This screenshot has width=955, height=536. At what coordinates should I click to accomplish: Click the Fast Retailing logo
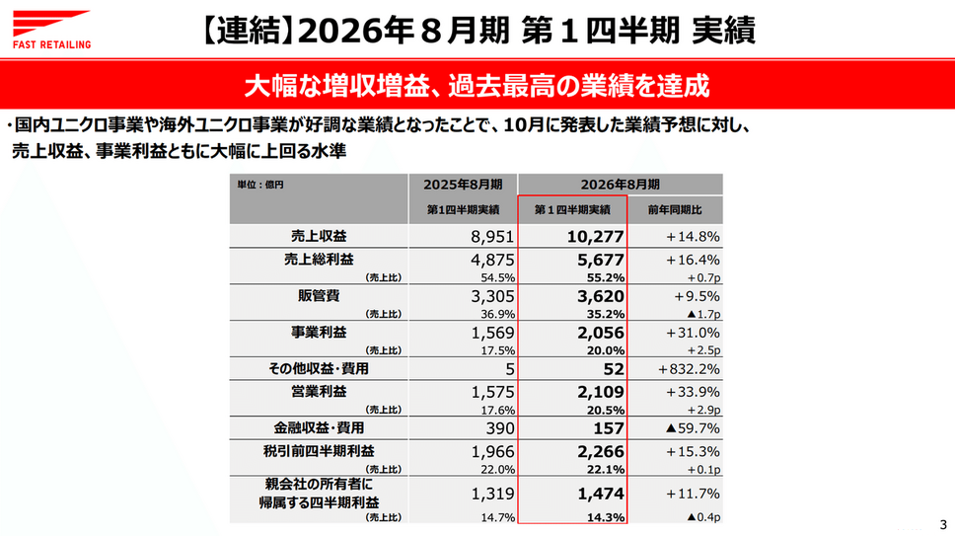52,29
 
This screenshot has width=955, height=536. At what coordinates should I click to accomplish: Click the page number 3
941,524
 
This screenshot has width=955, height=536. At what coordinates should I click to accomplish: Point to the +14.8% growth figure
692,237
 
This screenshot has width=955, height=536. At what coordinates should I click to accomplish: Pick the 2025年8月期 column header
464,184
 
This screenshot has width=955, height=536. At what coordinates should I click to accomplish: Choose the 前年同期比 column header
675,209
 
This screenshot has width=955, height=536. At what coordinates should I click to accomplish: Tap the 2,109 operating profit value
596,391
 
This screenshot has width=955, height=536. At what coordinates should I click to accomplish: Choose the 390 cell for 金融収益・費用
500,428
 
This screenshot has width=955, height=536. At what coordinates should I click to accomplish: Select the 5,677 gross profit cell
596,259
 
